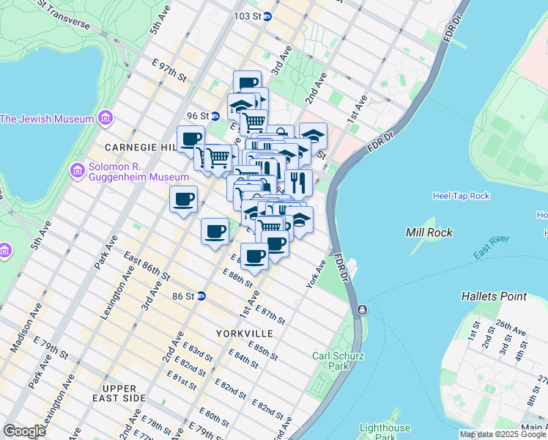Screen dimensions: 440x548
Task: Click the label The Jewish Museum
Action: (x=47, y=119)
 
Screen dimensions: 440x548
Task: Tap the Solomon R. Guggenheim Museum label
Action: (x=128, y=172)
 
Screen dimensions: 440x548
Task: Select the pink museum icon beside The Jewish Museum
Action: (x=105, y=118)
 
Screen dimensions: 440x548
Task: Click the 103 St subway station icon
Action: (x=268, y=15)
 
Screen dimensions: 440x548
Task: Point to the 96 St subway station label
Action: (x=198, y=116)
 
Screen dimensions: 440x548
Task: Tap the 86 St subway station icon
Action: (x=201, y=296)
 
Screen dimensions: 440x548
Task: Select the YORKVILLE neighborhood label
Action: (x=245, y=334)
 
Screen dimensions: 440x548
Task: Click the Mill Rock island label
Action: (x=429, y=232)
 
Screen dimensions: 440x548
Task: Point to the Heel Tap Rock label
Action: (x=461, y=196)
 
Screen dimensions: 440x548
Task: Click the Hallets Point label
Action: (x=494, y=296)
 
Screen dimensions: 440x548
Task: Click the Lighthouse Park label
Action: (x=385, y=433)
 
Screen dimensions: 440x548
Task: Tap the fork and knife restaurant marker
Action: (x=298, y=183)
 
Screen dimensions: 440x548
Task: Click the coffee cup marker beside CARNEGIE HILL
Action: (x=190, y=139)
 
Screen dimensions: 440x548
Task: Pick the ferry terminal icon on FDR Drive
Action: (x=361, y=311)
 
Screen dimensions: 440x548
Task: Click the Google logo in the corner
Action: (x=25, y=431)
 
